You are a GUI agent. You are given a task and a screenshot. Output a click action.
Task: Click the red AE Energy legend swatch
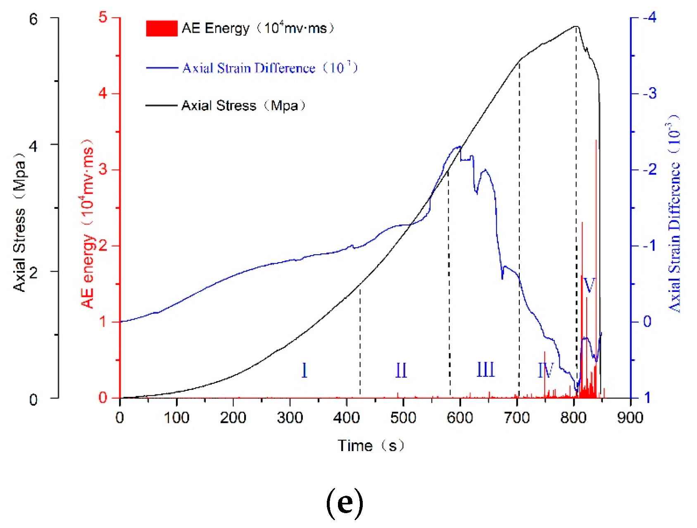pos(162,29)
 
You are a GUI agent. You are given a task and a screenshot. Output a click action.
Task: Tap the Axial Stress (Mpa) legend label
pos(243,106)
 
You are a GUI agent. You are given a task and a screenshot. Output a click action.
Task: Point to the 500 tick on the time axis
pos(403,418)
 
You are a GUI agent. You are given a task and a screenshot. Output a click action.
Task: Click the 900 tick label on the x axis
pos(630,418)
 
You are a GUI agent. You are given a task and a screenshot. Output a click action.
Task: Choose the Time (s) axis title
pos(371,446)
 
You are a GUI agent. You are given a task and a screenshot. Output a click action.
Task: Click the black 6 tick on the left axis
pos(33,19)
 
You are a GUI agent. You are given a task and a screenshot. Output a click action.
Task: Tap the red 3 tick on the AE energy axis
pos(103,170)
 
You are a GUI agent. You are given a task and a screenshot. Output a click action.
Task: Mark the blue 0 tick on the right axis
pos(647,321)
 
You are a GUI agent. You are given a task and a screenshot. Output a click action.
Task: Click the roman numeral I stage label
pos(304,370)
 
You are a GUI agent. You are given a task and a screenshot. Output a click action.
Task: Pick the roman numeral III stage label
pos(485,370)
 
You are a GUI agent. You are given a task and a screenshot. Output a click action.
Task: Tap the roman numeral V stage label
pos(589,285)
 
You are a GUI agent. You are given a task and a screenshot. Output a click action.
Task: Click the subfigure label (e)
pos(345,502)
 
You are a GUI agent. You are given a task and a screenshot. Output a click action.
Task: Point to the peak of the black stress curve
pos(576,27)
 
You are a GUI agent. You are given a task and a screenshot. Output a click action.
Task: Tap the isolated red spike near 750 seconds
pos(545,372)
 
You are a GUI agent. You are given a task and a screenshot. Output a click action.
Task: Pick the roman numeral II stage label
pos(401,370)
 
